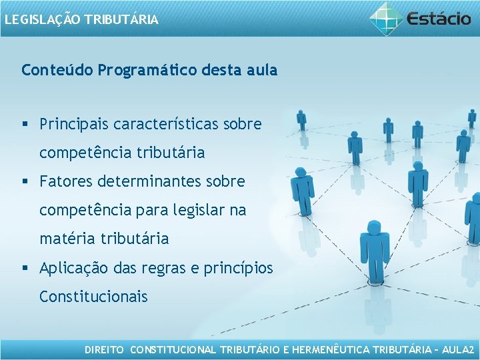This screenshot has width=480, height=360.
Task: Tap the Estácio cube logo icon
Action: (x=387, y=19)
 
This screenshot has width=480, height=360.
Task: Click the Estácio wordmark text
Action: (x=440, y=18)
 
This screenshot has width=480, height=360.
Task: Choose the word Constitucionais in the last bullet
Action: (x=93, y=296)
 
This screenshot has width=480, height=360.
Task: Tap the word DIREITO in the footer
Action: (x=104, y=349)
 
